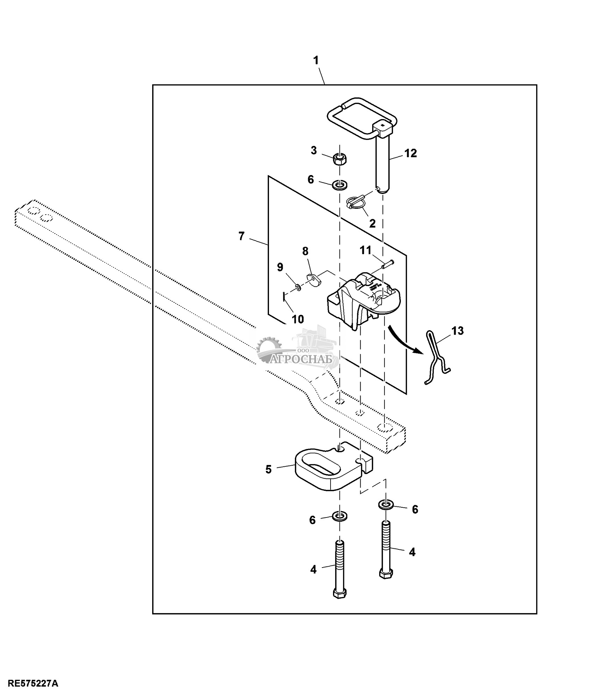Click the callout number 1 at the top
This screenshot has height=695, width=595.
[x=316, y=61]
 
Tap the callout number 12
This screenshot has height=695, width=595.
[x=411, y=153]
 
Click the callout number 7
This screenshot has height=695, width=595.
[x=241, y=236]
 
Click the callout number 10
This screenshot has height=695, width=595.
[x=298, y=319]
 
